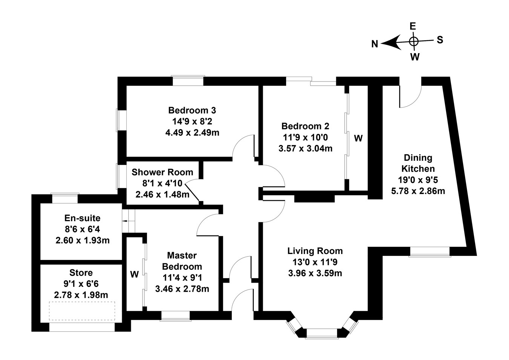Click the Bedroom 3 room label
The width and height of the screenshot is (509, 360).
[192, 111]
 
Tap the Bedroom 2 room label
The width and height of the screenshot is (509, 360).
[305, 126]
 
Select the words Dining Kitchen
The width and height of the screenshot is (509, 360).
[418, 163]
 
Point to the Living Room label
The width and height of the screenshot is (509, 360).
[315, 251]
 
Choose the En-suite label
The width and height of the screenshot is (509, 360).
[83, 218]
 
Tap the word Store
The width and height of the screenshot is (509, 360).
[81, 272]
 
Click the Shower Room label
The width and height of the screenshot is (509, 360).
[162, 172]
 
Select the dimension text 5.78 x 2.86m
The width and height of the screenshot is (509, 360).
[418, 191]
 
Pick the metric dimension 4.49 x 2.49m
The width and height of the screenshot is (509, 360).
[192, 133]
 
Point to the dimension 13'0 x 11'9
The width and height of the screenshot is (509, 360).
[315, 262]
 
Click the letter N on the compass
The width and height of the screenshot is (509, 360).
[374, 44]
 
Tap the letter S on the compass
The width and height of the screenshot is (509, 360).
[440, 40]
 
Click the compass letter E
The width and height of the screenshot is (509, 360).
[413, 26]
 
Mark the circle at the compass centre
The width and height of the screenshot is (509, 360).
[414, 42]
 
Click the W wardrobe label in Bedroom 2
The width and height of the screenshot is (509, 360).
[358, 138]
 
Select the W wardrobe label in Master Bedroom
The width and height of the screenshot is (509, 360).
[135, 274]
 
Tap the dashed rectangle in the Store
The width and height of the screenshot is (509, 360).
[81, 311]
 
